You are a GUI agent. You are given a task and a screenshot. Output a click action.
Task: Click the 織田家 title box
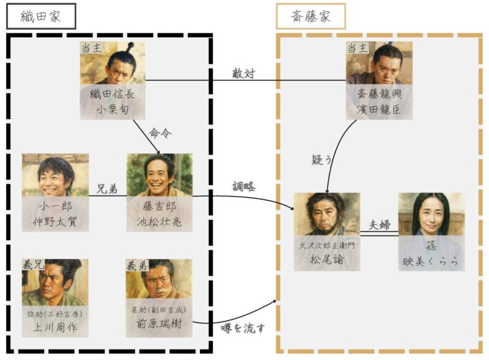41,16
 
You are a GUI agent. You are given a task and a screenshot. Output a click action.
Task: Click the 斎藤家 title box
311,16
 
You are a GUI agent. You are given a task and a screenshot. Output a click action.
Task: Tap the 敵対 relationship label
243,73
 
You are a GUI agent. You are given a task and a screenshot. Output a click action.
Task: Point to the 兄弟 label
108,188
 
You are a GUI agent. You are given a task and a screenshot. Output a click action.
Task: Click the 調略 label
243,186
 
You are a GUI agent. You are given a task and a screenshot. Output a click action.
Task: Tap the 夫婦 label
379,224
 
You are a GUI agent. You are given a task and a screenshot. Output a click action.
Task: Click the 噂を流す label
243,328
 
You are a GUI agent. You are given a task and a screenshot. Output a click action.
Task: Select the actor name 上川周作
55,326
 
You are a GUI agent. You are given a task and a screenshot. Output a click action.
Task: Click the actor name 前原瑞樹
159,326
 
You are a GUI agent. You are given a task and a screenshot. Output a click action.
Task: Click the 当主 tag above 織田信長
91,48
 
